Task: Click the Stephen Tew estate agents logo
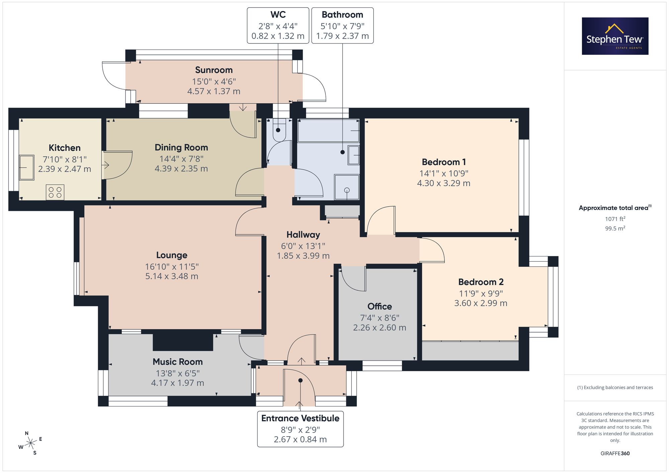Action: coord(615,36)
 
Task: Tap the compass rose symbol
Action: coord(30,443)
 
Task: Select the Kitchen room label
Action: coord(65,148)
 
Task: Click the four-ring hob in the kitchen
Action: coord(55,193)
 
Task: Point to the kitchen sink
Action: coord(26,167)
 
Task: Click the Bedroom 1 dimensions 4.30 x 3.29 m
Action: coord(444,183)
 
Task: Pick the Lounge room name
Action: coord(172,255)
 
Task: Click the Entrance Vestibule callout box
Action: coord(300,429)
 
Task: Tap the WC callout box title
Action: coord(278,15)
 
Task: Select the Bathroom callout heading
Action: coord(343,15)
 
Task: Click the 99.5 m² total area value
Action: coord(615,228)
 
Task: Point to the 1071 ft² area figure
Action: coord(615,219)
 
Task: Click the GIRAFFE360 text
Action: coord(615,453)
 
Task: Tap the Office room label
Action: coord(380,306)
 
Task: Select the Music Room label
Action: coord(178,362)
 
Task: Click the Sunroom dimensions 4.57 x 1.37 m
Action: coord(214,91)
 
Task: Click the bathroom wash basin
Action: coord(354,155)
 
